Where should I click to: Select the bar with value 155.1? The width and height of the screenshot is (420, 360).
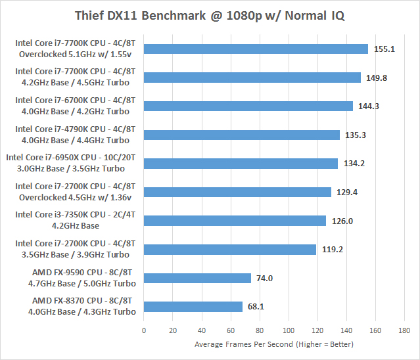coord(255,49)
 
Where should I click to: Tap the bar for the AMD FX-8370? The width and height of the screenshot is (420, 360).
coord(193,306)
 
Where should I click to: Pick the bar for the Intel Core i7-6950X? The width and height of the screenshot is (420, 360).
coord(240,164)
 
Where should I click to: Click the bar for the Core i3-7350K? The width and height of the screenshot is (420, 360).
coord(235,221)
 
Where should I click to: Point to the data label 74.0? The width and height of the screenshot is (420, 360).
coord(264,278)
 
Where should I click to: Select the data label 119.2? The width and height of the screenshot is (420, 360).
coord(330,250)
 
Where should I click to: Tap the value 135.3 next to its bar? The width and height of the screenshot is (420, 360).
coord(354,135)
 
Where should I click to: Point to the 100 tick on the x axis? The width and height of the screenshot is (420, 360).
coord(288,330)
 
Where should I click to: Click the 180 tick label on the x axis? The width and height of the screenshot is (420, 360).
coord(404,330)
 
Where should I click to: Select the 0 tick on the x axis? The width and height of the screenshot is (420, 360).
coord(144,330)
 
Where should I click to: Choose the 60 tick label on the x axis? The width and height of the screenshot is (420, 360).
coord(230,330)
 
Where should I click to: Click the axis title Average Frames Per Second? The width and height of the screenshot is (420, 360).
coord(274,344)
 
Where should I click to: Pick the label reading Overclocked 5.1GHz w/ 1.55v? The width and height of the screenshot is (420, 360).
coord(76,53)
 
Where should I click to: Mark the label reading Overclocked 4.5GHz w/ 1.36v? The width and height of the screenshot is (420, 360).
coord(76,197)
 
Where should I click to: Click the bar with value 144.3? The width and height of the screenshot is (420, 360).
coord(248,106)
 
